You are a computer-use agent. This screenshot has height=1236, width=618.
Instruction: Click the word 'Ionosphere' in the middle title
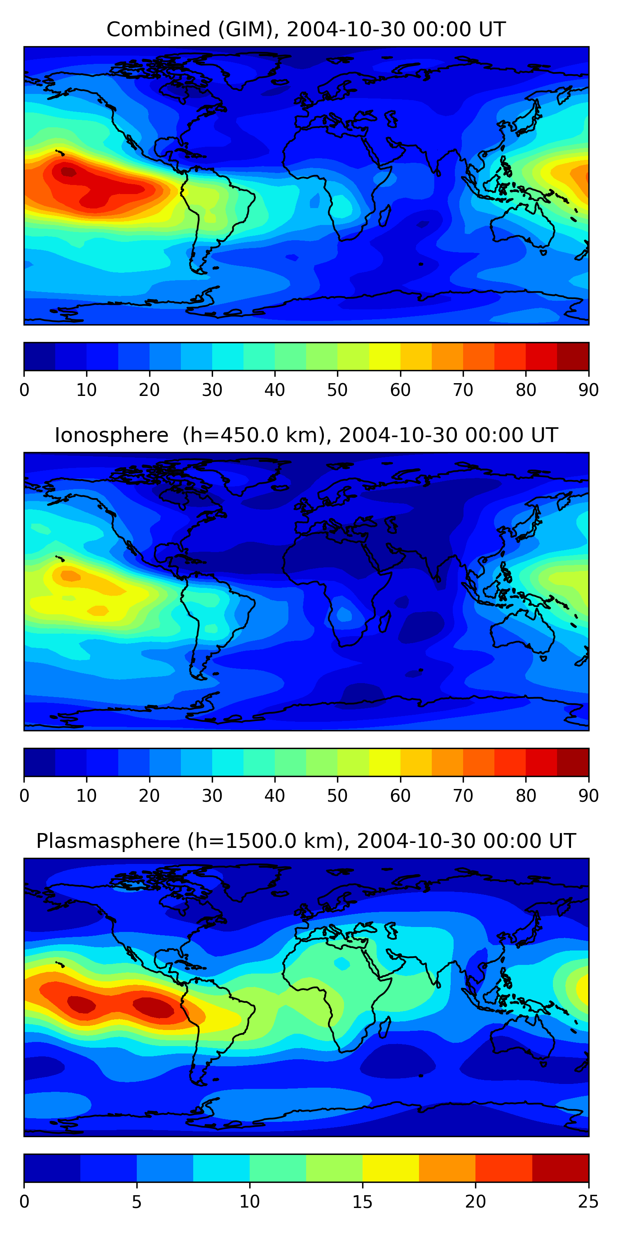coord(111,435)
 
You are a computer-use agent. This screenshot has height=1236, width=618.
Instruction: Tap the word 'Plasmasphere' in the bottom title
coord(108,841)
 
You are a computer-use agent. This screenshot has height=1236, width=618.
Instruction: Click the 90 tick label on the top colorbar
coord(588,390)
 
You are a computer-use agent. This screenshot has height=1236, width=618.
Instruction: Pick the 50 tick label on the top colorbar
coord(337,390)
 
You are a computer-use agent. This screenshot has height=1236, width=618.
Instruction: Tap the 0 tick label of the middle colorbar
coord(24,796)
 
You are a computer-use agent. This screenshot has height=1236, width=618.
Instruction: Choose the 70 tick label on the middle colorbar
coord(463,796)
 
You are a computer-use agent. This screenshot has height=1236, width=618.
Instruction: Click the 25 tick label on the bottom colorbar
coord(588,1201)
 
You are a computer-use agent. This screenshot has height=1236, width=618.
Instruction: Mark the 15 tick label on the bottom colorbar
coord(362,1201)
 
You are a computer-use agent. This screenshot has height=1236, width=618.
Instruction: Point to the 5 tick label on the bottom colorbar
coord(137,1201)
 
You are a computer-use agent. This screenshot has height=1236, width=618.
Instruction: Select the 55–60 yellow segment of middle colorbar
coord(384,763)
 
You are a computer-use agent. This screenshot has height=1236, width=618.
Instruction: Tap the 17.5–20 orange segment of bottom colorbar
coord(447,1168)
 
